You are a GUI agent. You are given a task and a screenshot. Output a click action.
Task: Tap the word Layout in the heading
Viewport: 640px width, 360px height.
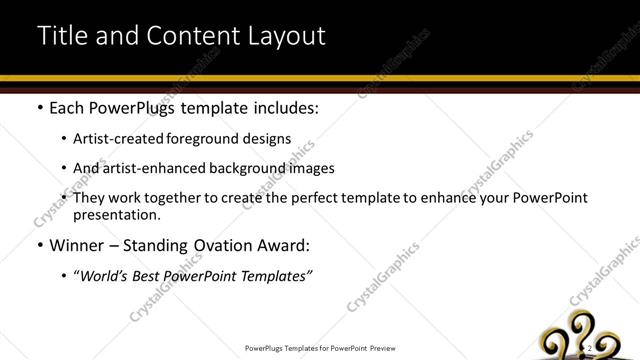[x=283, y=37]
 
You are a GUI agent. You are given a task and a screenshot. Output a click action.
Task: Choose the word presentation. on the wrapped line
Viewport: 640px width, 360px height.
[x=116, y=215]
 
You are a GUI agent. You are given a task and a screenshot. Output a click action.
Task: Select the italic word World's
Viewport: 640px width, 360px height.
[x=106, y=275]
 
